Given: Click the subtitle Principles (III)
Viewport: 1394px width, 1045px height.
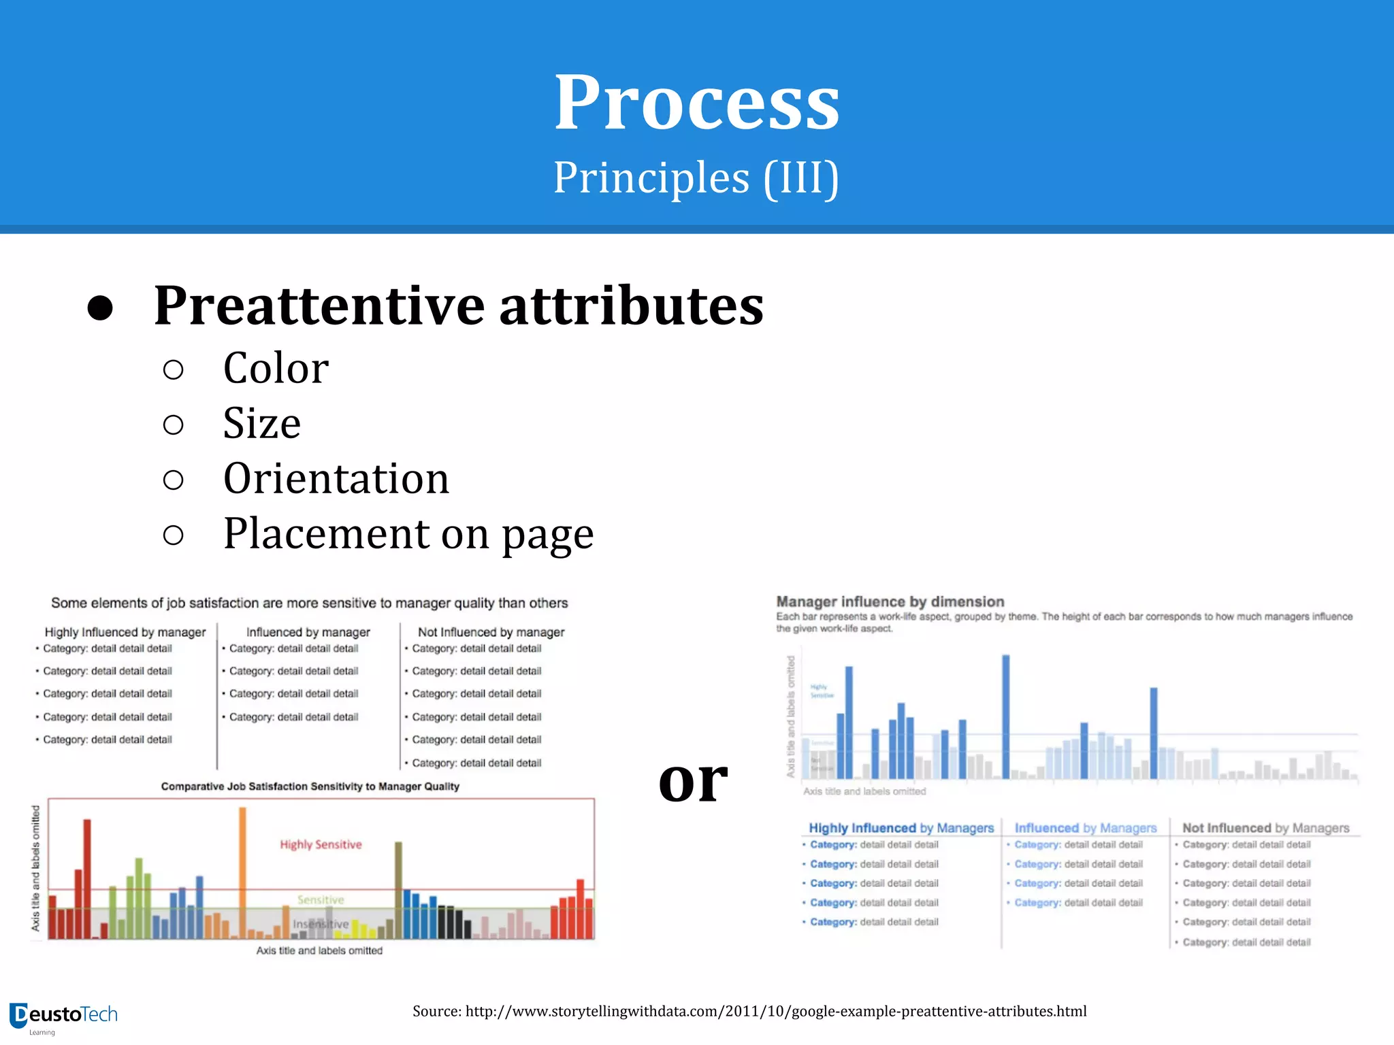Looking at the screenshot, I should (x=696, y=178).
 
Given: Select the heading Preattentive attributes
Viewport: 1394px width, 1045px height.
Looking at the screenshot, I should (x=458, y=305).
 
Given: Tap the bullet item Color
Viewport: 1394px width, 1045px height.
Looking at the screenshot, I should (x=276, y=368).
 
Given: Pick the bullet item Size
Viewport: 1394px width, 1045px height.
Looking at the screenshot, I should (x=261, y=423).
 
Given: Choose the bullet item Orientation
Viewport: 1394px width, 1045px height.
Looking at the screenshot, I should (x=336, y=478).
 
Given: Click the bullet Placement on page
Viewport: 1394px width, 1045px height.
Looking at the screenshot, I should (x=408, y=534).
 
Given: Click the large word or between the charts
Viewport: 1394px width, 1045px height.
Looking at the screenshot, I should (x=693, y=780).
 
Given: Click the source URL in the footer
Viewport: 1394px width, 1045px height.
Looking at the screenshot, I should (x=749, y=1011).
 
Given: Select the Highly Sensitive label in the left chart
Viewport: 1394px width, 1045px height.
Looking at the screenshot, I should (x=321, y=844).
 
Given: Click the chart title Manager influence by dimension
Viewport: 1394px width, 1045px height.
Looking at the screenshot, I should (x=890, y=601).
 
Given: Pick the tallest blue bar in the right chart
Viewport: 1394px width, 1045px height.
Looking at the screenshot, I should (x=1005, y=716).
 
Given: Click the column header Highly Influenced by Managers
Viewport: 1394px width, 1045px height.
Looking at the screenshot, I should (x=901, y=828).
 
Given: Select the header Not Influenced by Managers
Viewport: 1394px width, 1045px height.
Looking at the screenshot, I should (x=1265, y=828).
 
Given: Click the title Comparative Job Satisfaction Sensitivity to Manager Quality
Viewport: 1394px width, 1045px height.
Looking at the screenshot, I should (x=310, y=786).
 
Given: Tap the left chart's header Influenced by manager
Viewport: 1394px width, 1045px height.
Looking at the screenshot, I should (x=308, y=632).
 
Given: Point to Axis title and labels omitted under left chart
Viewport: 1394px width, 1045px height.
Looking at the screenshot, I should (x=319, y=950).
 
